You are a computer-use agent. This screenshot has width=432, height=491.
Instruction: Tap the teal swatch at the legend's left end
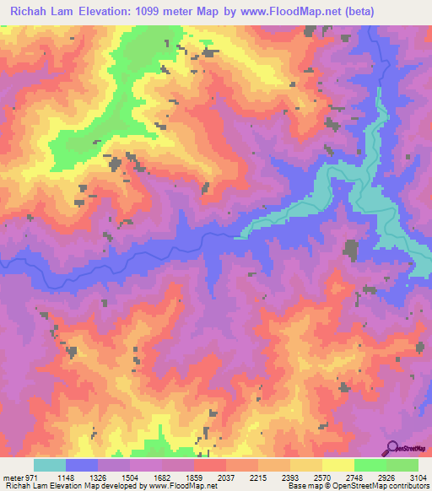click(50, 465)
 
